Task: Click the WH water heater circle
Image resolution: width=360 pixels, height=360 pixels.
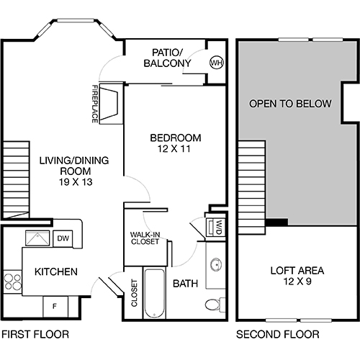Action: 215,63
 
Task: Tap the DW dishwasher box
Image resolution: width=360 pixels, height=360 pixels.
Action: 63,238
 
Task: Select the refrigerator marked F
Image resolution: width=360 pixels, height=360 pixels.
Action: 54,306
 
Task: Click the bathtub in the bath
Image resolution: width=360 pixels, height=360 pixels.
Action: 155,293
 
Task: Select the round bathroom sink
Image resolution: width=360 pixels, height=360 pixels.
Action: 215,265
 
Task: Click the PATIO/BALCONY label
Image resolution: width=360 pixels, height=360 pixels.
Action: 171,58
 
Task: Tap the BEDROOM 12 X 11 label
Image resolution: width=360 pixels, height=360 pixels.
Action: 175,143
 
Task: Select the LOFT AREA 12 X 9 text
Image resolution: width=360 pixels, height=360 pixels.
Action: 297,276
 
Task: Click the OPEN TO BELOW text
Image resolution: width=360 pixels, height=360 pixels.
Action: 290,104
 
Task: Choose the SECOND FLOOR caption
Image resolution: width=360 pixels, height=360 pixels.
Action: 277,334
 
